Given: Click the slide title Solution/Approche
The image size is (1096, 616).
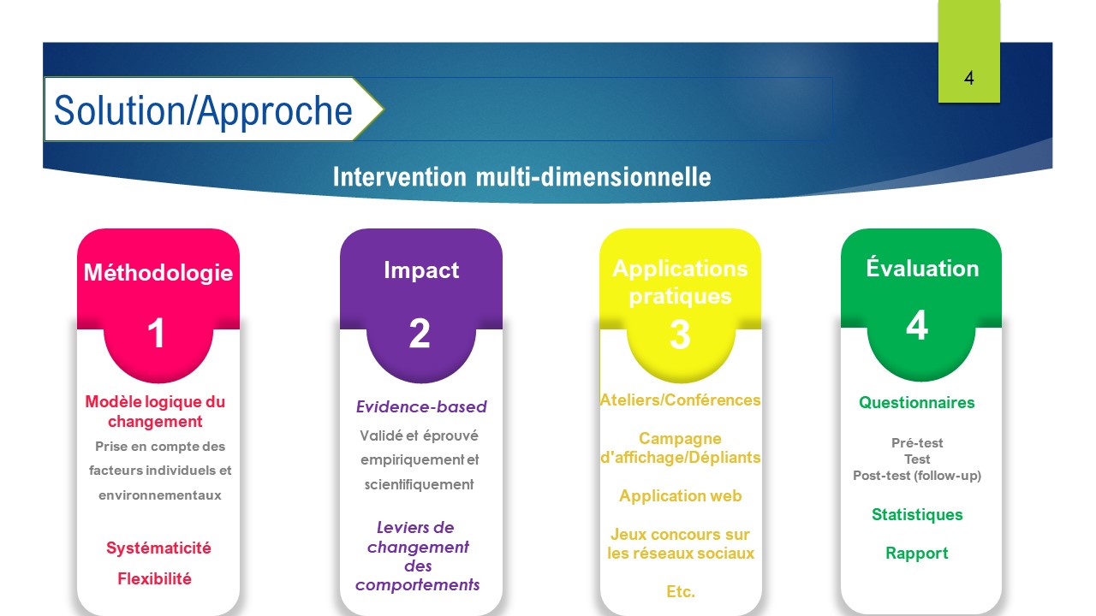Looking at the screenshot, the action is tap(203, 111).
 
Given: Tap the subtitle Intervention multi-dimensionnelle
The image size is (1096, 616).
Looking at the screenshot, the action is tap(522, 176).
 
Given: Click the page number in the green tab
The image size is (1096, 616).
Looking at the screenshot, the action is tap(968, 78).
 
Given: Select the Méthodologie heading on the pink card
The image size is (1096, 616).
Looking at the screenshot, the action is tap(158, 273).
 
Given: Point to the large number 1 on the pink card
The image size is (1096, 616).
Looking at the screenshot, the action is tap(156, 333).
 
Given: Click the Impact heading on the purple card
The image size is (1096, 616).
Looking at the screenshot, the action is tap(421, 270).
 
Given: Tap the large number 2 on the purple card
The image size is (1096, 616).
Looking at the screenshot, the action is tap(420, 334).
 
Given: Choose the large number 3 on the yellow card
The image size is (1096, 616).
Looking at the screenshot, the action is tap(680, 335).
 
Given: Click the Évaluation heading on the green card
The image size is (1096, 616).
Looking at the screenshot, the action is tap(922, 268).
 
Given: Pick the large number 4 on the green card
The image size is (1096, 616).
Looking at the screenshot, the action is tap(917, 324).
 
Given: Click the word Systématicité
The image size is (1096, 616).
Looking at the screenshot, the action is tap(158, 548).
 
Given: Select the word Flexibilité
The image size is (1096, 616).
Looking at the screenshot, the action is tap(155, 579).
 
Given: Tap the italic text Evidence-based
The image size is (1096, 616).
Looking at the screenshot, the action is tap(421, 406).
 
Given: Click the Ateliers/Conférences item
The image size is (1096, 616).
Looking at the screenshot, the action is tap(680, 400).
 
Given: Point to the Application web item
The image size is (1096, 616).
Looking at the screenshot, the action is tap(680, 496).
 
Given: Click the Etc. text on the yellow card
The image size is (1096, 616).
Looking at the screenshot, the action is tap(681, 591).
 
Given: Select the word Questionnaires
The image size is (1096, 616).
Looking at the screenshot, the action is tap(917, 402).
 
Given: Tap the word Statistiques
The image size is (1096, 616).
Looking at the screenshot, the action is tap(917, 514).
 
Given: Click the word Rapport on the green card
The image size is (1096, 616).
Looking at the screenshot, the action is tap(917, 553).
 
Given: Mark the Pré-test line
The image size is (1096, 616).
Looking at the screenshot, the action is tap(917, 443).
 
